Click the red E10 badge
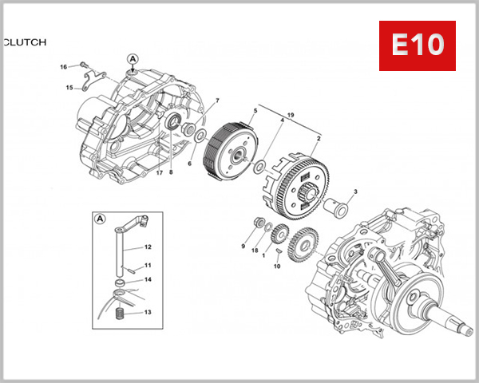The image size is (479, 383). (x=417, y=45)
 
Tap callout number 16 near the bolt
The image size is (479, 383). (x=64, y=66)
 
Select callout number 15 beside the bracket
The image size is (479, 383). (x=69, y=87)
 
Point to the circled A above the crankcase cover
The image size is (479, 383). (x=133, y=59)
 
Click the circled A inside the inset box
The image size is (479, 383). (x=101, y=218)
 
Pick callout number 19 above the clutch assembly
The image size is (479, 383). (x=290, y=116)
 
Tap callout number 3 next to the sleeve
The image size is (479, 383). (x=354, y=191)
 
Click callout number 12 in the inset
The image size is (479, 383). (x=148, y=247)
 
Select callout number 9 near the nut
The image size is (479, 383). (x=243, y=247)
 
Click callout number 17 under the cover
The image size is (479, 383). (x=160, y=172)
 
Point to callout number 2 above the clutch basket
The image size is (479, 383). (x=319, y=138)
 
